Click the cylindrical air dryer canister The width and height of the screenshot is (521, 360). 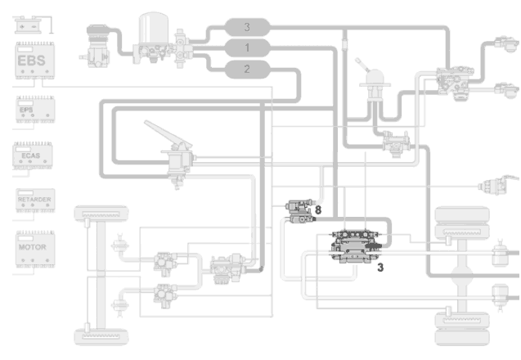pyautogui.click(x=152, y=29)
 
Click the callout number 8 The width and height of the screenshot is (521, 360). pyautogui.click(x=318, y=210)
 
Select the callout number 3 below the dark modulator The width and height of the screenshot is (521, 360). pyautogui.click(x=380, y=267)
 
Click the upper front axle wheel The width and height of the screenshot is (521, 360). pyautogui.click(x=104, y=214)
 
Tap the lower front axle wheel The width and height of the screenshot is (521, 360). pyautogui.click(x=104, y=335)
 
